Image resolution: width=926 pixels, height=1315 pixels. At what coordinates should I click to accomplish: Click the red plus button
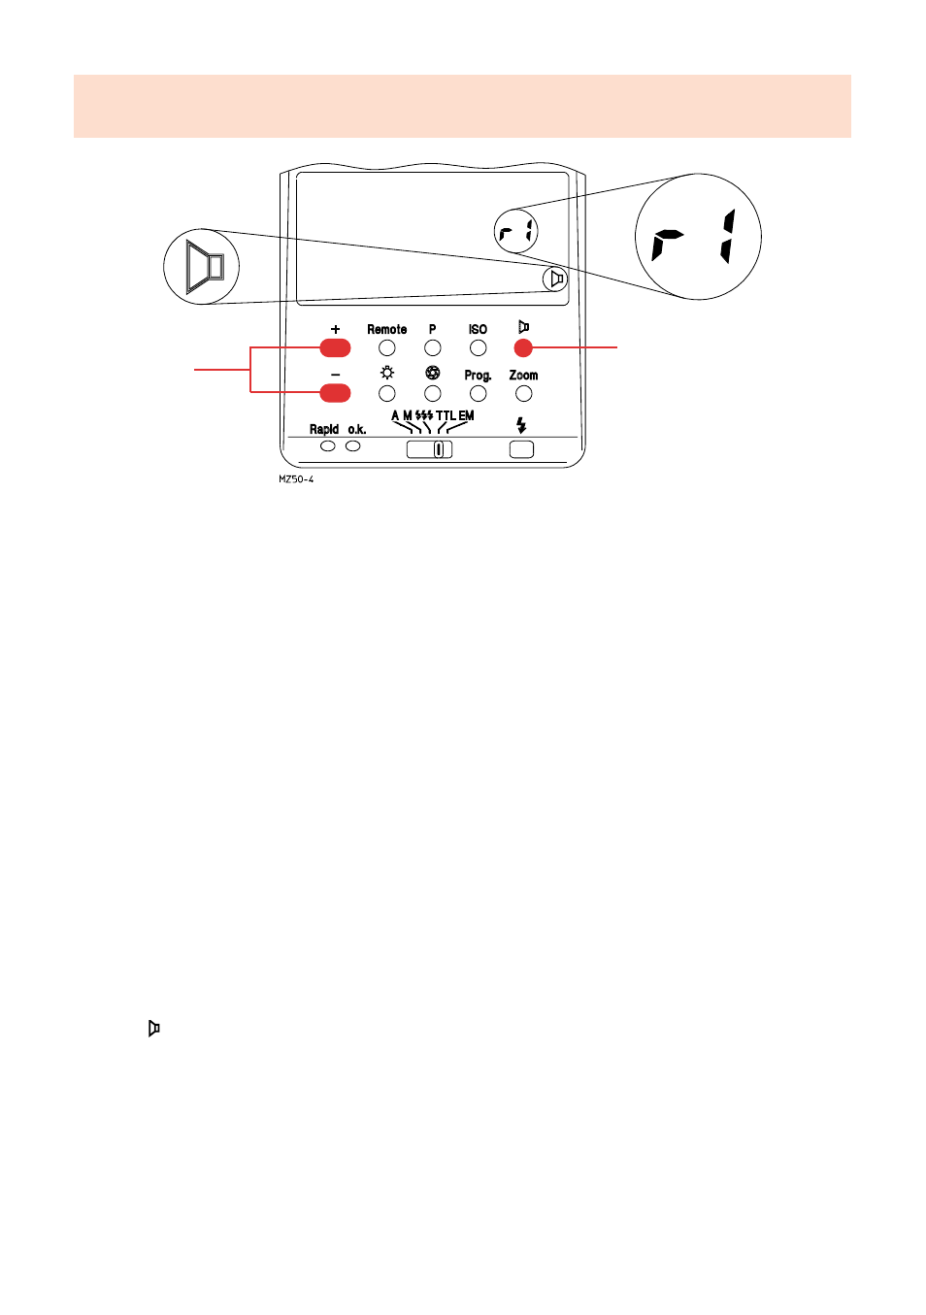[x=335, y=347]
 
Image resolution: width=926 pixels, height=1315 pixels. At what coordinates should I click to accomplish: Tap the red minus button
[x=335, y=393]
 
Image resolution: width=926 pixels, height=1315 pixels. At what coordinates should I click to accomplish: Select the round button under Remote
[x=387, y=347]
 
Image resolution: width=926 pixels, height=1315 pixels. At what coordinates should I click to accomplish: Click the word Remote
[x=386, y=330]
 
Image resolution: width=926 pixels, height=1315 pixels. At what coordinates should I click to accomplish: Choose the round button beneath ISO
[x=478, y=347]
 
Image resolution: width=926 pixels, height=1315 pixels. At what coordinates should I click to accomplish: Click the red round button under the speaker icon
[x=523, y=347]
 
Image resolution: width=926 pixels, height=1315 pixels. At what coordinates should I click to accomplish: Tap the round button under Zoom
[x=524, y=393]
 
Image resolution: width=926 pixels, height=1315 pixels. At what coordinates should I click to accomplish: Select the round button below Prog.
[x=478, y=393]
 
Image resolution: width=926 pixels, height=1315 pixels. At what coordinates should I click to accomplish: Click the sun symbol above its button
[x=387, y=374]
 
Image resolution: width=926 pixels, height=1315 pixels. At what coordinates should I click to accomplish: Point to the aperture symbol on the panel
[x=433, y=374]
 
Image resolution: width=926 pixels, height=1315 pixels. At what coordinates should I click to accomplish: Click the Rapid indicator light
[x=328, y=445]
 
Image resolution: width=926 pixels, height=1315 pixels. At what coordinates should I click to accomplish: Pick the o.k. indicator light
[x=353, y=445]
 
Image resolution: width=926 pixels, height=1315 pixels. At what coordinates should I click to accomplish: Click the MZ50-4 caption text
[x=296, y=479]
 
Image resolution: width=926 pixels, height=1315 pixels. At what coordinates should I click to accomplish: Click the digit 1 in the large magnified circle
[x=728, y=237]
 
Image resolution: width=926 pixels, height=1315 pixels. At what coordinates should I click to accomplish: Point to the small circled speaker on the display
[x=555, y=279]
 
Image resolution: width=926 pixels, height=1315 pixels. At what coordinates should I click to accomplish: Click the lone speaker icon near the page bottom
[x=153, y=1029]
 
